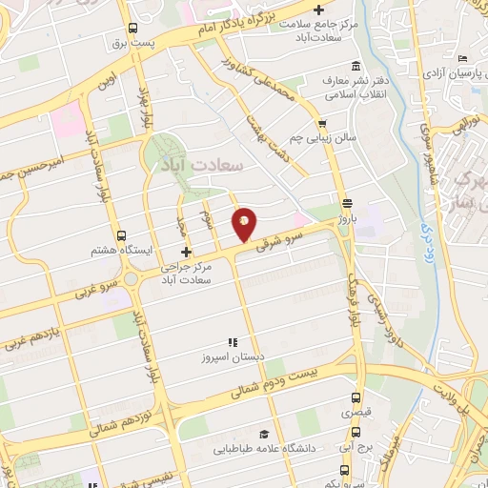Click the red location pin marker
pos(244,223)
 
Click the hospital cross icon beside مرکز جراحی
pos(186,253)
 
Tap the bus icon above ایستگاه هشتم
pos(120,235)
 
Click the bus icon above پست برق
pos(133,29)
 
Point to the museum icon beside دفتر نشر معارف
pos(356,65)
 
